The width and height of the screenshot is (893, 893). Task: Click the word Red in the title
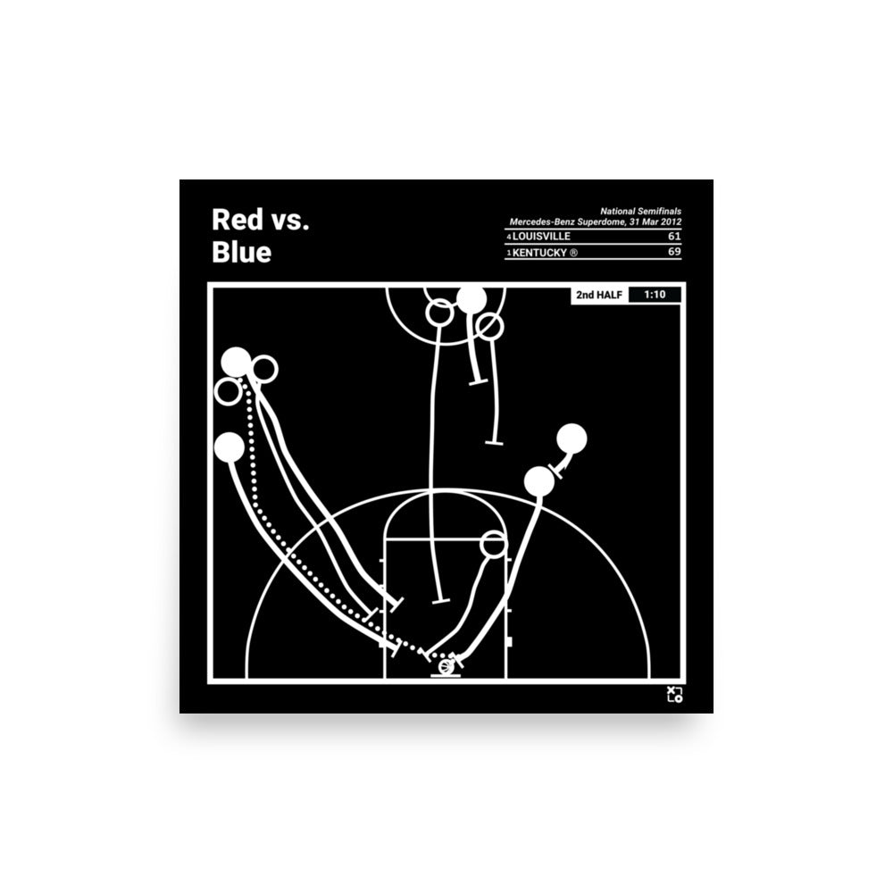pos(232,220)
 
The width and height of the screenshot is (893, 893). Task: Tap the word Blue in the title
pos(241,253)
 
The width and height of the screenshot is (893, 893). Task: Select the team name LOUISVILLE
pos(542,237)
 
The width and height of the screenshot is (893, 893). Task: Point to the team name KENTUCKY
pos(545,254)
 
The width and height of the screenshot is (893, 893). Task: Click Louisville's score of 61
pos(674,237)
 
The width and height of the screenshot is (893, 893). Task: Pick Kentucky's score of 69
pos(674,254)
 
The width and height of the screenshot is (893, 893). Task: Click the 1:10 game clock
pos(655,294)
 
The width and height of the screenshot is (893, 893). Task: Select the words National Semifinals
pos(640,211)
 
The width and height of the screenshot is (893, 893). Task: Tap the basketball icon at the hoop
pos(446,664)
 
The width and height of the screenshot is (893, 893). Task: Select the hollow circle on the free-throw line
pos(493,542)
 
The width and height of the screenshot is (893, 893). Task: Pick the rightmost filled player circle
pos(572,438)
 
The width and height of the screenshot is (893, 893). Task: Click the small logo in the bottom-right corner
pos(674,694)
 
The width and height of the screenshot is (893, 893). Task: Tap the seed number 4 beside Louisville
pos(509,238)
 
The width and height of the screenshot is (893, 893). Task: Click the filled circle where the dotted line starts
pos(237,362)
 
